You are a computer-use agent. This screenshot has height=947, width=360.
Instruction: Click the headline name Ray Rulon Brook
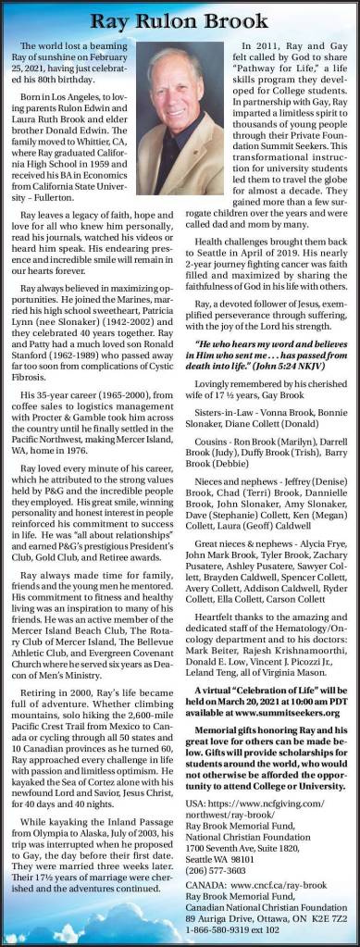(180, 17)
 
